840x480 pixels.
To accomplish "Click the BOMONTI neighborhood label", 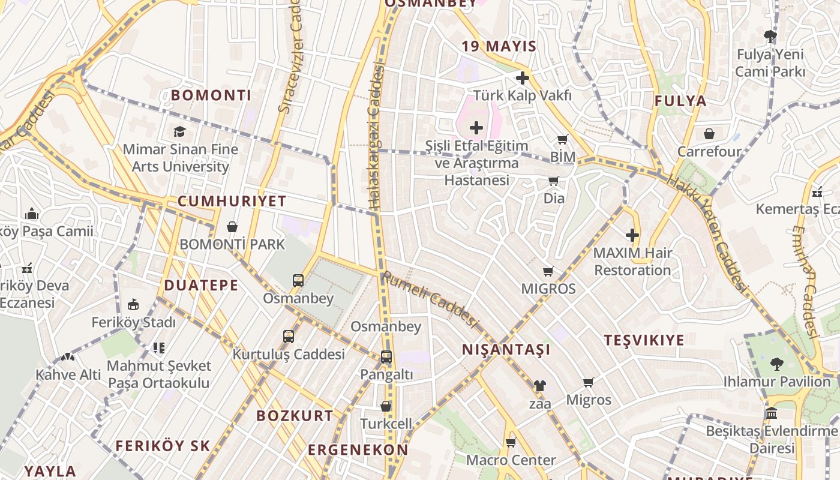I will tap(211, 95).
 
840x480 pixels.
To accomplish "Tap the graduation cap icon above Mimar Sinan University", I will tap(179, 131).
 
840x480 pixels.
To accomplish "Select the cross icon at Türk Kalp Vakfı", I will tap(522, 78).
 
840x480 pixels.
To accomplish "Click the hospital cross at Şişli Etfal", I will tap(476, 127).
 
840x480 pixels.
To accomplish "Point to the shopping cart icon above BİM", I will tap(562, 140).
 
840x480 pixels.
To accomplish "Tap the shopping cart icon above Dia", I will tap(553, 181).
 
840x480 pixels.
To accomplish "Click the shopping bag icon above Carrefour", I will tap(709, 134).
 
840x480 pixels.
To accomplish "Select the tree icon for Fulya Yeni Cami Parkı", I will tap(770, 37).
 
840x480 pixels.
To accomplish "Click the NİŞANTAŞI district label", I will tap(506, 350).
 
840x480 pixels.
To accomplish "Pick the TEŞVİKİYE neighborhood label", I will tap(644, 340).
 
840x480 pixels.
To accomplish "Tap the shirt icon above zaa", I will tap(539, 386).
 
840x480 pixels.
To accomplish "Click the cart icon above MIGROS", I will tap(548, 271).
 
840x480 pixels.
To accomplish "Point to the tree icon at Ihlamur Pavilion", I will tap(776, 364).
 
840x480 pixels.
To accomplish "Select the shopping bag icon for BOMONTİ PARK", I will tap(232, 227).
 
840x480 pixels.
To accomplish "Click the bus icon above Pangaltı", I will tap(386, 357).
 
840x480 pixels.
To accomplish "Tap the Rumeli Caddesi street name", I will tap(430, 301).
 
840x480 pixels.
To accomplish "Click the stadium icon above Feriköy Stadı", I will tap(133, 305).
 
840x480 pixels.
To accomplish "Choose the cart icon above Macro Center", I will tap(511, 443).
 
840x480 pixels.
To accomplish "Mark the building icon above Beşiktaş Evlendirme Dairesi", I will tap(772, 413).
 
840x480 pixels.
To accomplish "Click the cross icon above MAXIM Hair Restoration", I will tap(632, 235).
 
